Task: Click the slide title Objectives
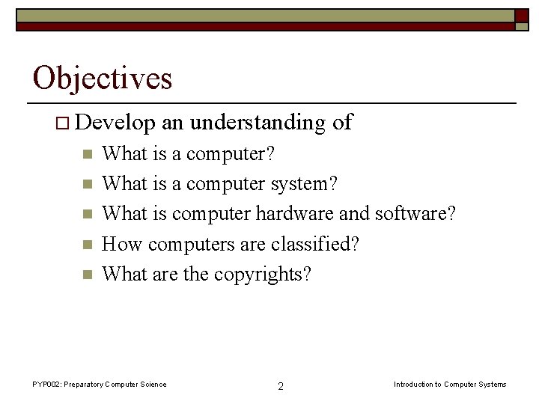[x=103, y=78]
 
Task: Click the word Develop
[x=116, y=123]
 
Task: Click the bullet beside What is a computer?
[x=87, y=154]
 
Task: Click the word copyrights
[x=262, y=274]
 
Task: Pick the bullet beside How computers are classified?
[x=87, y=244]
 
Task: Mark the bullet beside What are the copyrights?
[x=87, y=274]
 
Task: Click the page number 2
[x=280, y=386]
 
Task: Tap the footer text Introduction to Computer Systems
[x=450, y=385]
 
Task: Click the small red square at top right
[x=521, y=16]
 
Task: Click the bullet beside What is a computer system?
[x=87, y=184]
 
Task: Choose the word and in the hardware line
[x=354, y=214]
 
